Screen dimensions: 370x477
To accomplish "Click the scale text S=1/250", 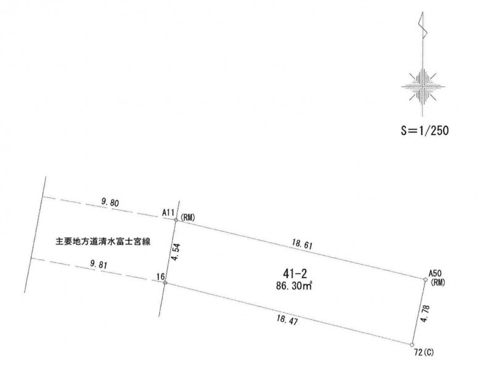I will pyautogui.click(x=423, y=131).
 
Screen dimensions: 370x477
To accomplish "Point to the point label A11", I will pyautogui.click(x=167, y=213).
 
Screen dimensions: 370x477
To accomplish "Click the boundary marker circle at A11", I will pyautogui.click(x=176, y=219).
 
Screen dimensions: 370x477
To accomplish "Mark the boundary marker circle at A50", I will pyautogui.click(x=426, y=279).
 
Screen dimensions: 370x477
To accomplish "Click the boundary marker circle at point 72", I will pyautogui.click(x=412, y=345).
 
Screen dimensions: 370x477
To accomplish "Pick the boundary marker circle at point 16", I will pyautogui.click(x=165, y=283).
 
